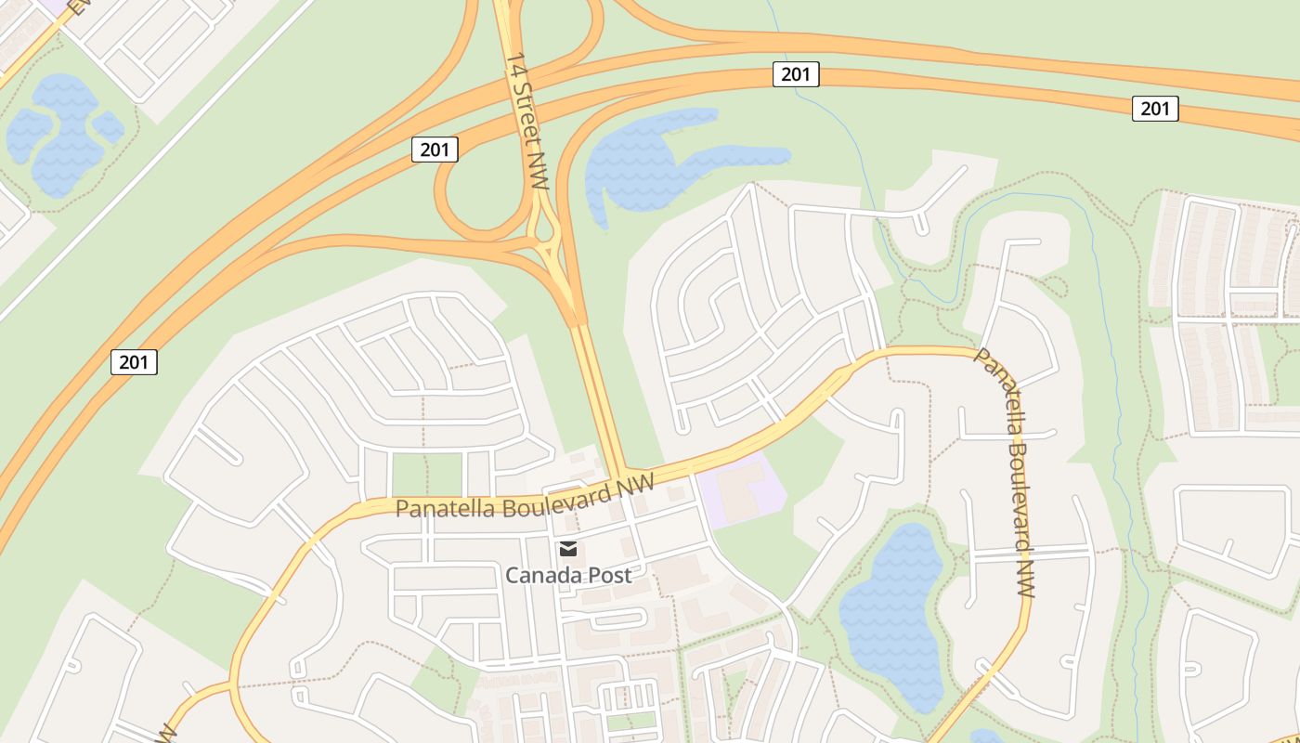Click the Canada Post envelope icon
(568, 549)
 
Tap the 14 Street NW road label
(527, 120)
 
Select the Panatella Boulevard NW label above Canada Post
(525, 499)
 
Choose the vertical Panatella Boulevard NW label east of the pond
(1006, 472)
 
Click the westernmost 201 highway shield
(134, 362)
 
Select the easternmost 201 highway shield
(1155, 109)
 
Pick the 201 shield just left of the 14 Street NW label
(435, 150)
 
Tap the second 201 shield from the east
(796, 74)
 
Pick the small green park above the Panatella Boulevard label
(427, 473)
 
